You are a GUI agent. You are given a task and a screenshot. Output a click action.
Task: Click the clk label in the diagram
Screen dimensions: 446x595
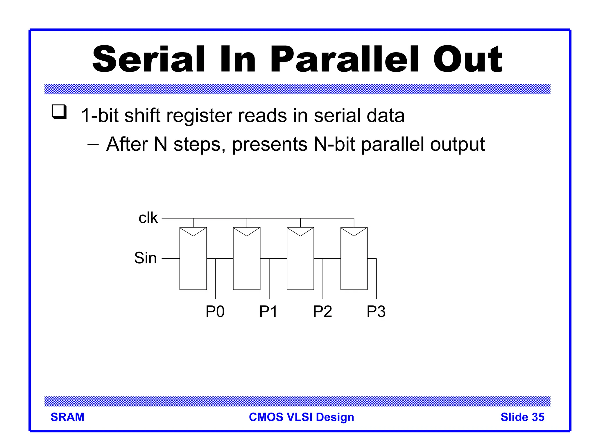tap(148, 218)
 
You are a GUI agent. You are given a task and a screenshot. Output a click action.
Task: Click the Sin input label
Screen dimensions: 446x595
tap(145, 258)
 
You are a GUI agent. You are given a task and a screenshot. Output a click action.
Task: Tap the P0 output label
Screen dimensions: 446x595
tap(215, 312)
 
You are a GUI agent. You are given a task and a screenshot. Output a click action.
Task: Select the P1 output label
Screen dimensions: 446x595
tap(268, 312)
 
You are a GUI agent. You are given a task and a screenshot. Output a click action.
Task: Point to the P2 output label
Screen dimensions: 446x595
tap(322, 312)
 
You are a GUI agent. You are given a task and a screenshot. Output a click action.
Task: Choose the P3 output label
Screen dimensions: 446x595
tap(376, 312)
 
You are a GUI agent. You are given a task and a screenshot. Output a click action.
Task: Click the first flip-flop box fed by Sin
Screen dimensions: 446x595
tap(193, 261)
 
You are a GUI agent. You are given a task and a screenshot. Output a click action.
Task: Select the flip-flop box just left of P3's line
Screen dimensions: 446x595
tap(354, 261)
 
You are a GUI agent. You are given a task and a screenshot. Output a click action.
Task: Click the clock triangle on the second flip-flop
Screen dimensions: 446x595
tap(247, 231)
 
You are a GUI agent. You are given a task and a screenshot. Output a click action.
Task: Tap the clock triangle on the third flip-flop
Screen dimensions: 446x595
tap(300, 231)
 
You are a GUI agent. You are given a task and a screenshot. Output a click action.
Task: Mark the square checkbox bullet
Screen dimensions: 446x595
tap(59, 112)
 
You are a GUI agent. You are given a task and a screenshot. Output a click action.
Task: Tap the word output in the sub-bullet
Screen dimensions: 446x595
tap(457, 144)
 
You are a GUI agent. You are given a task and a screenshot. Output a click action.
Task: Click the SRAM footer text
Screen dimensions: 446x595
tap(67, 417)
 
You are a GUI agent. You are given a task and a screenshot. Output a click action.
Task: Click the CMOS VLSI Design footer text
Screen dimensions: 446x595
tap(301, 417)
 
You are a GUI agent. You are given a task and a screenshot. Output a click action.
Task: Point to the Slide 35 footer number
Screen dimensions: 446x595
tap(522, 417)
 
